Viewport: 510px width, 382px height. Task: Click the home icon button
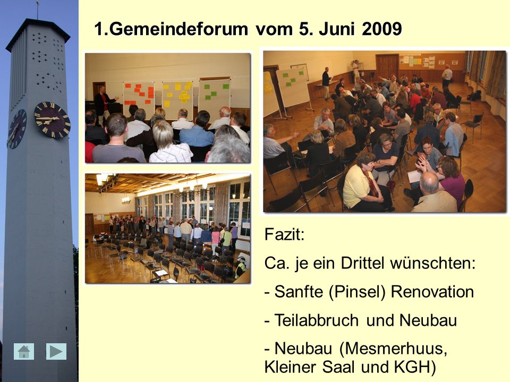pyautogui.click(x=24, y=351)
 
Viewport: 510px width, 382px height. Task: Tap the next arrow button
pyautogui.click(x=56, y=351)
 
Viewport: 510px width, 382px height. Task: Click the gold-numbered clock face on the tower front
pyautogui.click(x=52, y=120)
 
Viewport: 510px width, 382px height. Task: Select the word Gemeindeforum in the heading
pyautogui.click(x=178, y=29)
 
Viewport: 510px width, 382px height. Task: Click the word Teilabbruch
pyautogui.click(x=317, y=320)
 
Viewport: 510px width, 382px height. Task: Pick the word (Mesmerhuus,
pyautogui.click(x=393, y=349)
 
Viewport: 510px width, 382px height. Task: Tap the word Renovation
pyautogui.click(x=432, y=292)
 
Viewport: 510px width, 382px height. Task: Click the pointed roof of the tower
pyautogui.click(x=38, y=32)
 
